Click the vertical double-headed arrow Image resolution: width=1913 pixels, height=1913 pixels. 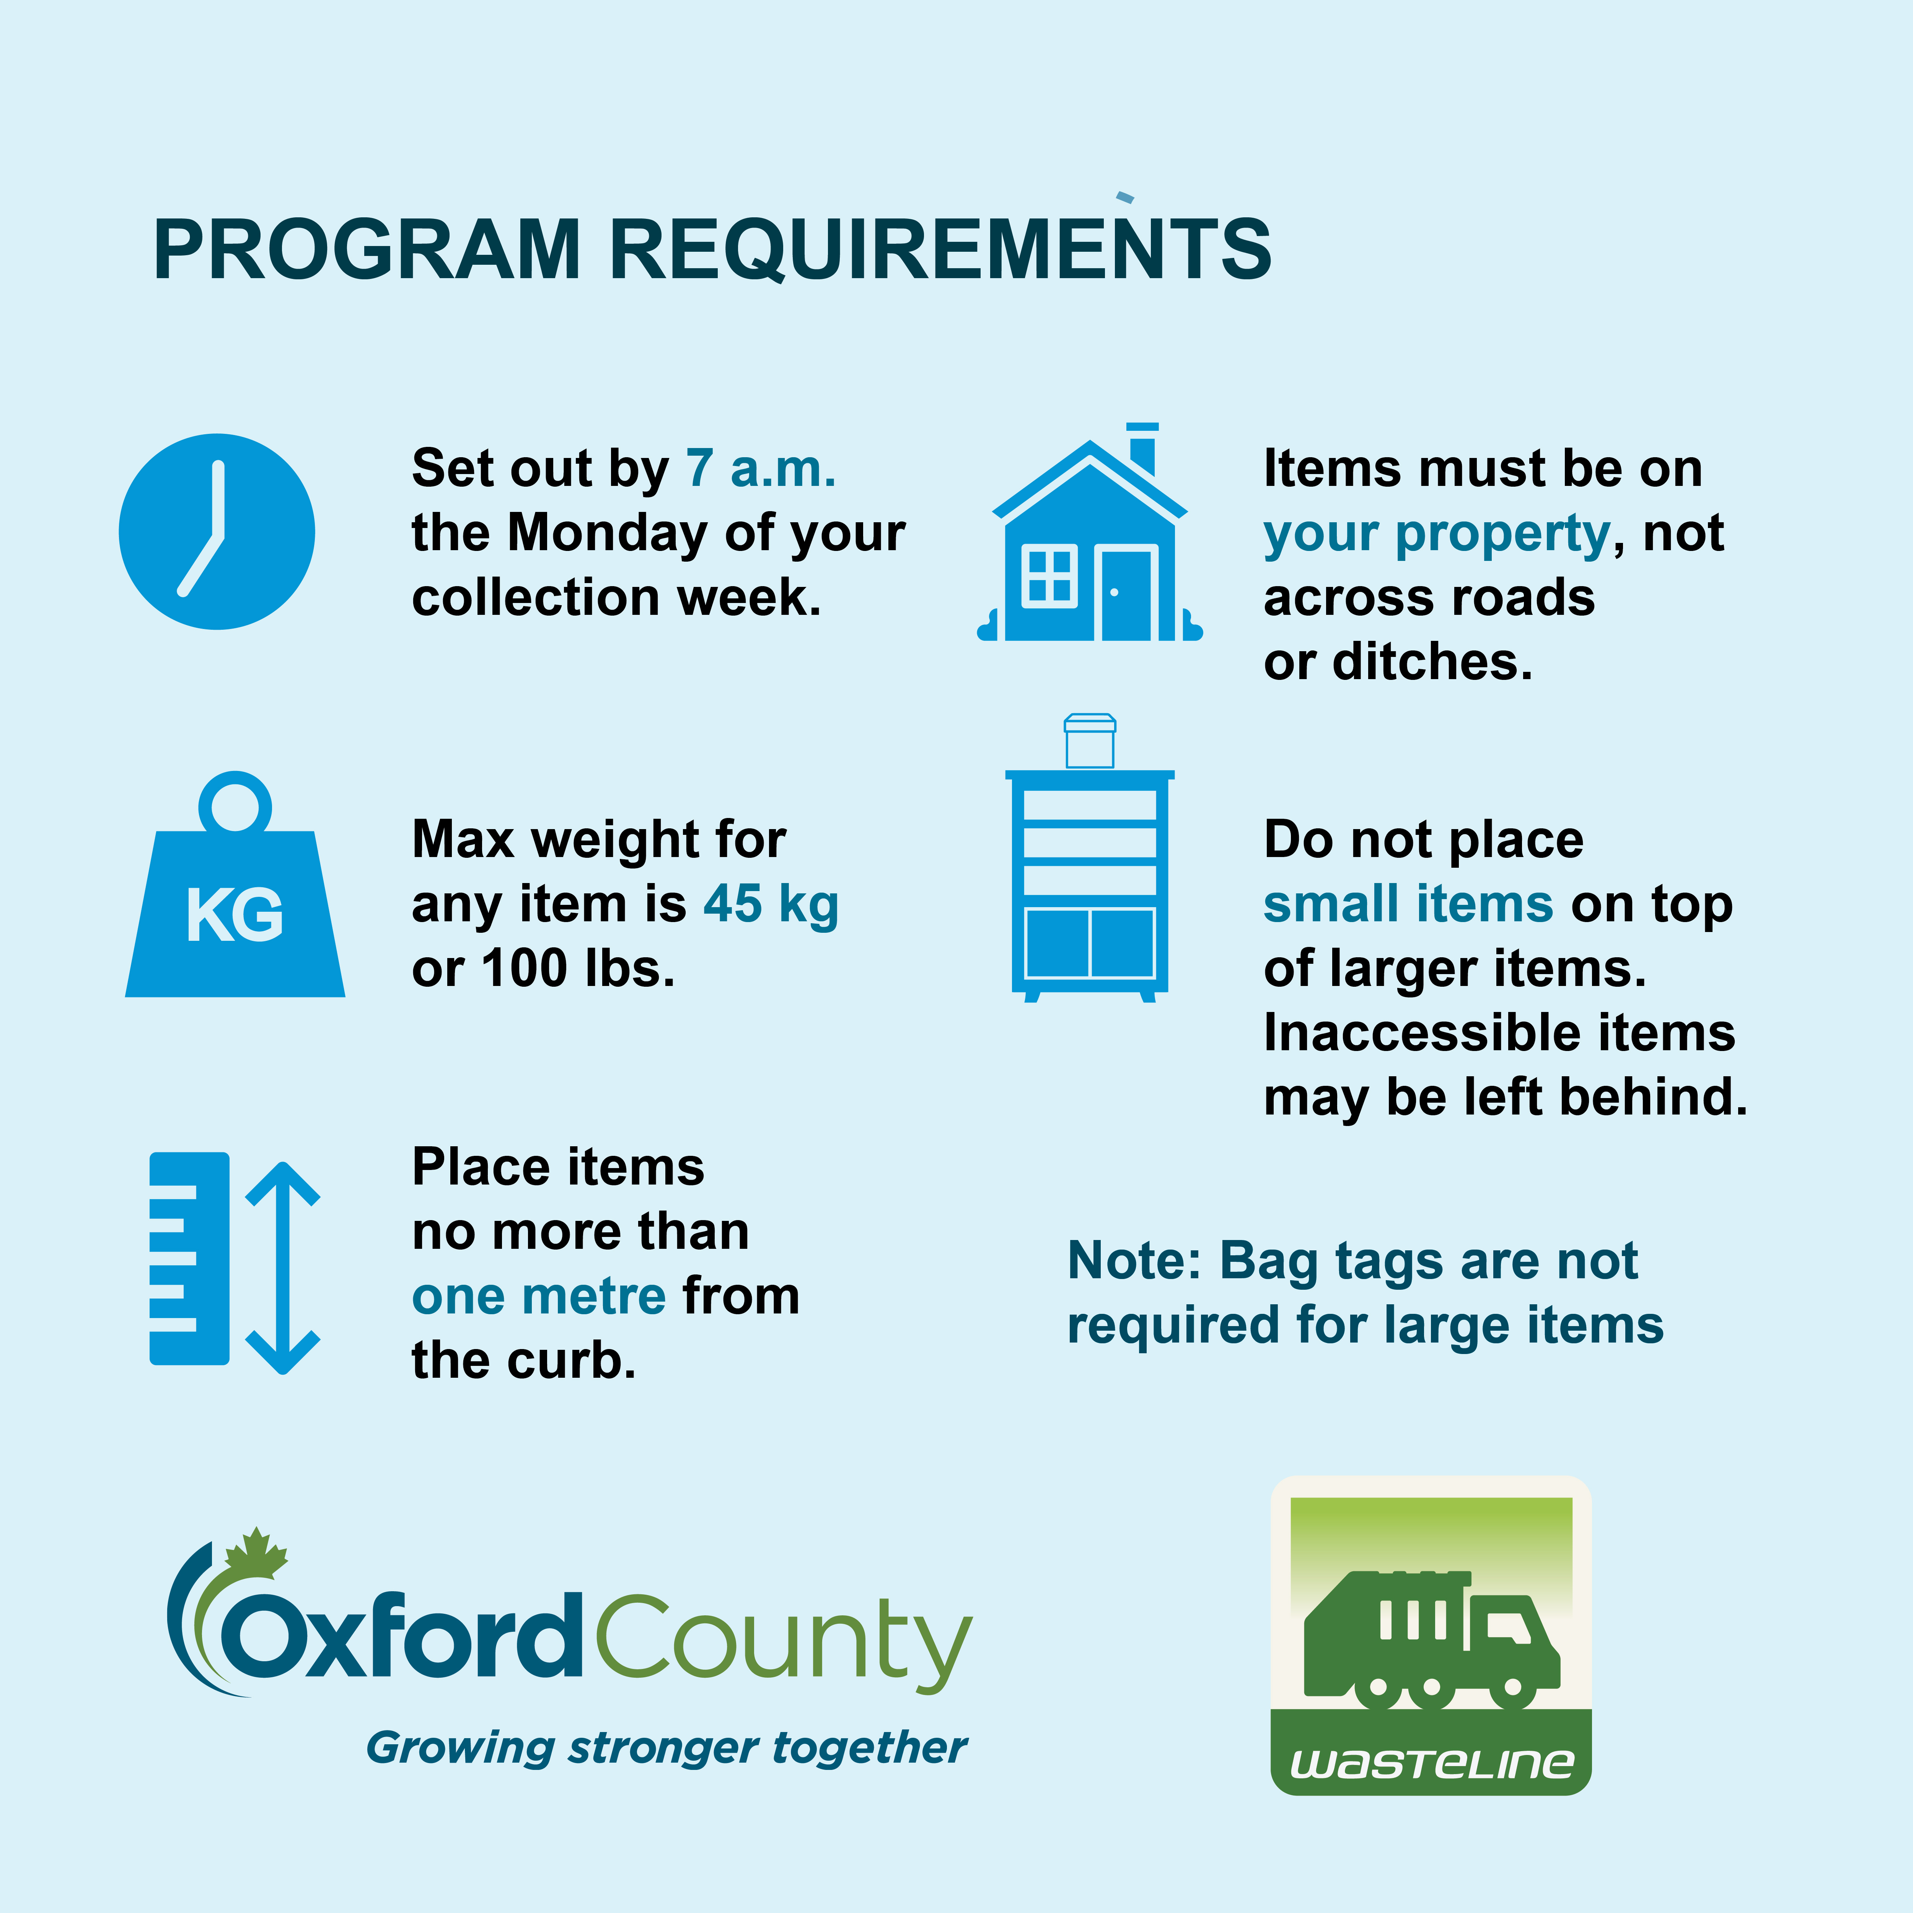(x=283, y=1268)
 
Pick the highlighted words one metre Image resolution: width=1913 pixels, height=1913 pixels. (x=539, y=1296)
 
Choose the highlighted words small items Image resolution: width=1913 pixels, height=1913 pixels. (x=1408, y=904)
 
